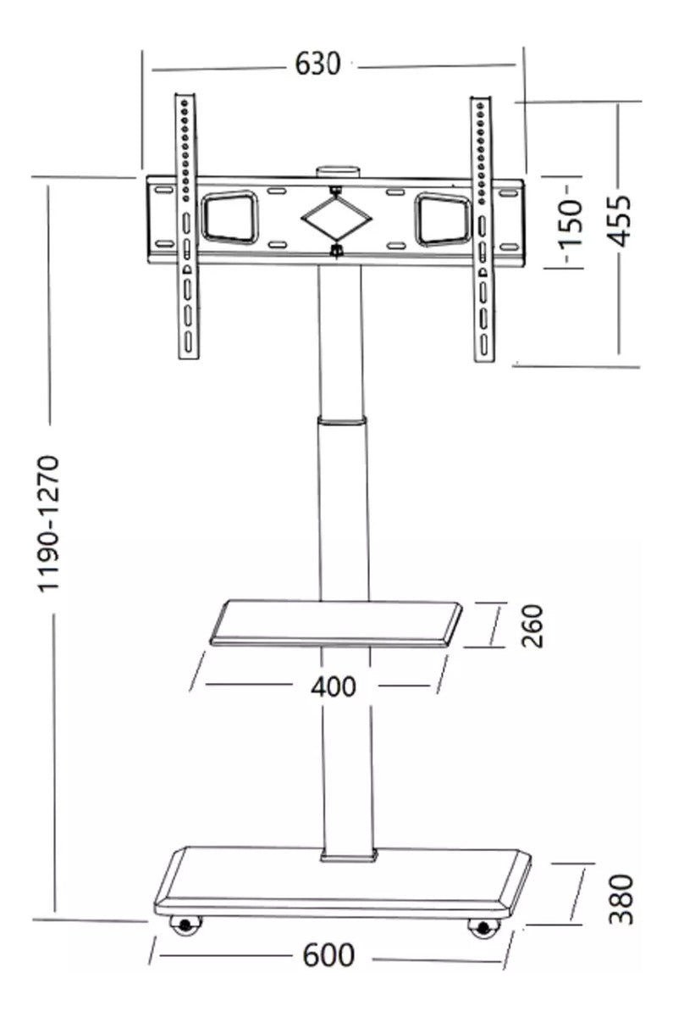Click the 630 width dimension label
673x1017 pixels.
click(x=317, y=64)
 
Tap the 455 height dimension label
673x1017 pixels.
click(x=621, y=220)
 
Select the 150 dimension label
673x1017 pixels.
click(x=573, y=223)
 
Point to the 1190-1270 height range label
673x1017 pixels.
click(x=51, y=524)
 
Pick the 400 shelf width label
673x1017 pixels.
click(x=333, y=686)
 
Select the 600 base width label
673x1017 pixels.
click(x=328, y=955)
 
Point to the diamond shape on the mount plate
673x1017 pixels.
click(x=337, y=219)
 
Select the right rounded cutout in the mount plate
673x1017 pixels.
click(x=441, y=220)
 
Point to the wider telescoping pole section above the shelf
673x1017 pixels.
click(x=344, y=508)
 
